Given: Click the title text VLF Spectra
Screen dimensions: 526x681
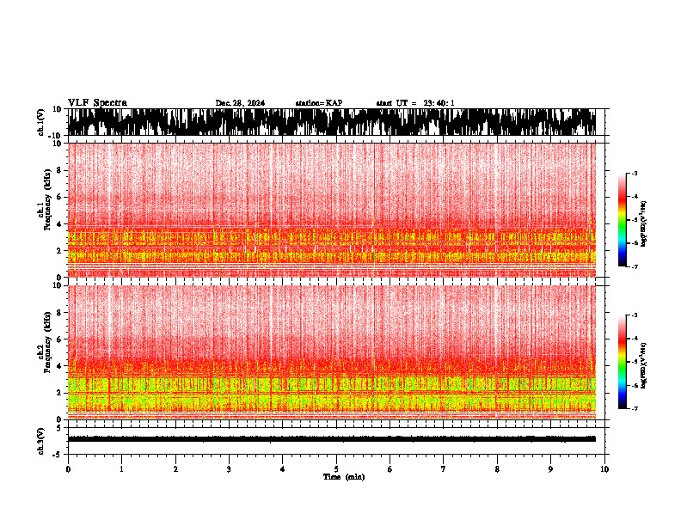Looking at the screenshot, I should tap(97, 103).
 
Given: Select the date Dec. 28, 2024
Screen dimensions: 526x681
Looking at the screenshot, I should tap(240, 103).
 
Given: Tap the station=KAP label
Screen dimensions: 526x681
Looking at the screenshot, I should tap(318, 103).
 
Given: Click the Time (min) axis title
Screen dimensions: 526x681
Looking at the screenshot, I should tap(343, 477).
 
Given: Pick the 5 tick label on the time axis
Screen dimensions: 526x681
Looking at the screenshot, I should tap(336, 469).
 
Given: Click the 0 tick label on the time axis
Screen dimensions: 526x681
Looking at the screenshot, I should tap(68, 469).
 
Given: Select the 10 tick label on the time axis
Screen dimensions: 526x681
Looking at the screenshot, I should tap(604, 469).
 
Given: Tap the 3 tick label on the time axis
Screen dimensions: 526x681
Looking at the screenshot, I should tap(229, 469).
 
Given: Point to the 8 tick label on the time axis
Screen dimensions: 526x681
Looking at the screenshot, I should tap(497, 469).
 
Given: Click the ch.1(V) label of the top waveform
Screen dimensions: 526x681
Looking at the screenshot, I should tap(40, 122).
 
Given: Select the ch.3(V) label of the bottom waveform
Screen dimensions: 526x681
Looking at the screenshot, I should tap(40, 439).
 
